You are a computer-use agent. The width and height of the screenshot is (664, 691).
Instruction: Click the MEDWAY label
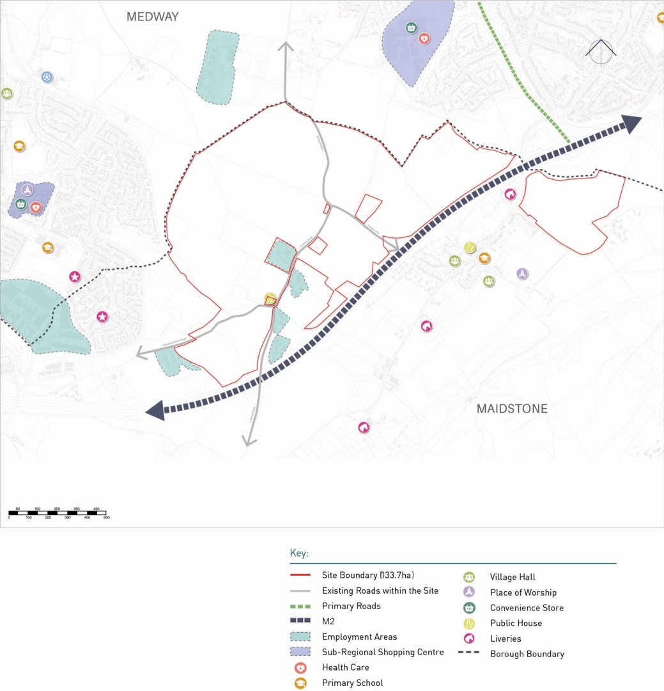click(x=152, y=17)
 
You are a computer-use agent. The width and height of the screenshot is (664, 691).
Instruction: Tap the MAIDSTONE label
click(x=512, y=408)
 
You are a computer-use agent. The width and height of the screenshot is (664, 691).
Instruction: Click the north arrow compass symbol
click(x=601, y=52)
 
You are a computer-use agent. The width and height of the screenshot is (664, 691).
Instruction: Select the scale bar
click(x=58, y=513)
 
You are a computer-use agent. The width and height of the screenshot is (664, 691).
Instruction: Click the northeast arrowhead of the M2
click(x=632, y=123)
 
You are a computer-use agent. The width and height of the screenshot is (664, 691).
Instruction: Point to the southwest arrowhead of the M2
click(x=155, y=411)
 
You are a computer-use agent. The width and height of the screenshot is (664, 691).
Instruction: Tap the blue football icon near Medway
click(x=47, y=77)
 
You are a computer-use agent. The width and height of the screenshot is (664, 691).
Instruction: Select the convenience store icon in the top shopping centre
click(x=411, y=28)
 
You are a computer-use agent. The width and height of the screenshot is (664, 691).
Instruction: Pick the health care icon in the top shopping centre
click(x=424, y=38)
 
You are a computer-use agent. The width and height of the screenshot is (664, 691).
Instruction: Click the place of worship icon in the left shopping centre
click(x=27, y=190)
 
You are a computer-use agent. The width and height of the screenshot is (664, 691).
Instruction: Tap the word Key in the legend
click(x=298, y=553)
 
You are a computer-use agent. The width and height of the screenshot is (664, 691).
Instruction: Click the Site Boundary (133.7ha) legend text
click(x=373, y=575)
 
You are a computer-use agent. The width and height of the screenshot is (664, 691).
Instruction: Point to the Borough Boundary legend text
click(x=527, y=654)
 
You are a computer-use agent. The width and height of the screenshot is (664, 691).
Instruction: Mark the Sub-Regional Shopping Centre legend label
click(x=382, y=652)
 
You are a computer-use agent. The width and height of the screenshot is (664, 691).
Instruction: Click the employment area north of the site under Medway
click(x=217, y=67)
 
